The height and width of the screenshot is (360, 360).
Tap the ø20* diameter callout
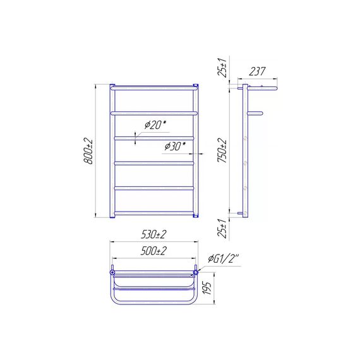point(155,125)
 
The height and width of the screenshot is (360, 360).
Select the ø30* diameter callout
point(175,147)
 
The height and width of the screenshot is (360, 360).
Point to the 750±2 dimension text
point(222,150)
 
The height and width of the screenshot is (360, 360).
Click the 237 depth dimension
point(257,71)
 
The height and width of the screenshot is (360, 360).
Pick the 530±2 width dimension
point(153,235)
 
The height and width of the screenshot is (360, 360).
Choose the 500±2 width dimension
point(153,251)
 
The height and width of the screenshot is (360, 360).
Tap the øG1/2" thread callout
point(223,259)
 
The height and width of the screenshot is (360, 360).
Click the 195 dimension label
point(207,288)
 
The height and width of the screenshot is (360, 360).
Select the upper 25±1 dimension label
point(222,67)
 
